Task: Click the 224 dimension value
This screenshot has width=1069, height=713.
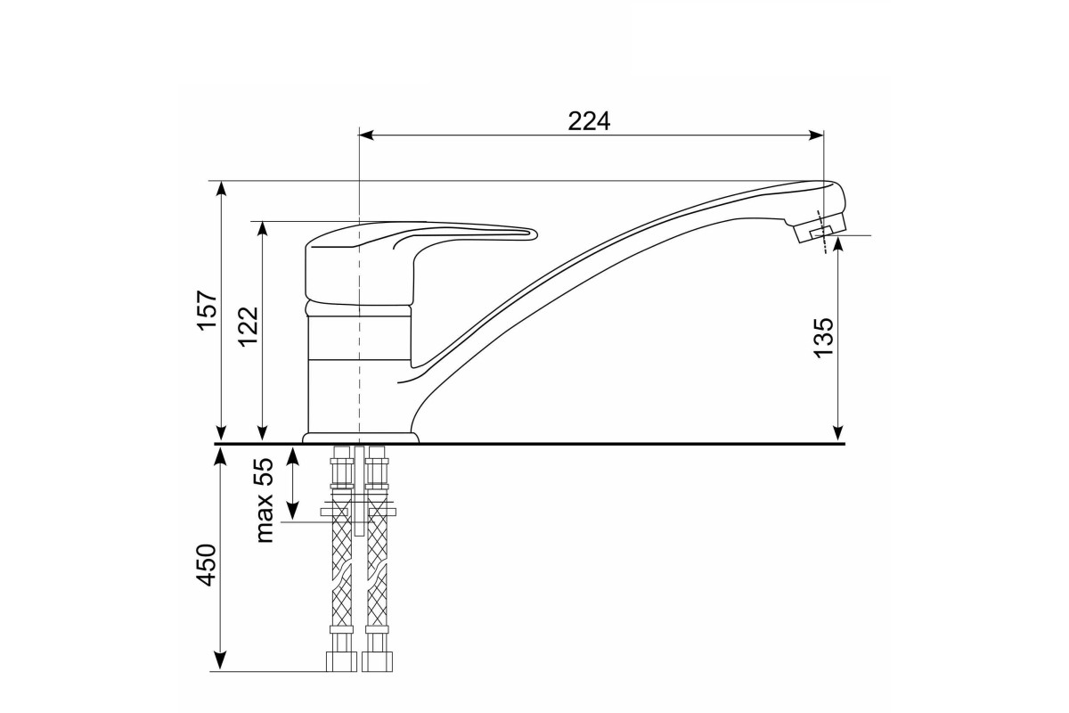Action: pos(589,121)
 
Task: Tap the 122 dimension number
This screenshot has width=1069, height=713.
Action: pos(249,327)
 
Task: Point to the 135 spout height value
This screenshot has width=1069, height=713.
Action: pos(823,337)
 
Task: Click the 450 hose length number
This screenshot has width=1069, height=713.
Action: pos(208,564)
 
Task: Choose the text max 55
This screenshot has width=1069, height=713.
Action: pos(265,501)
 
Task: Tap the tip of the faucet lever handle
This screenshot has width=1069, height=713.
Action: pos(535,234)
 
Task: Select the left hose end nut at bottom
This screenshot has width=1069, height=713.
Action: pos(341,661)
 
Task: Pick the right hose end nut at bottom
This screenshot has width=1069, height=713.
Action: pos(377,661)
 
